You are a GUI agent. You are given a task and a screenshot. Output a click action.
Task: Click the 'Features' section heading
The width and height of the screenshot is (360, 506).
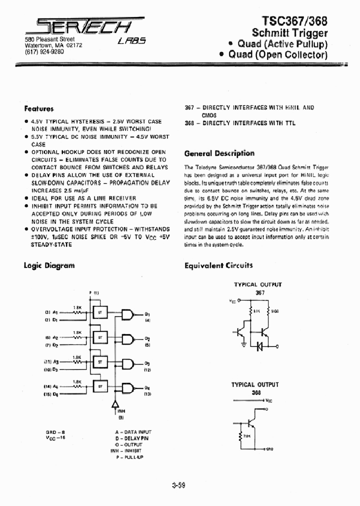[39, 108]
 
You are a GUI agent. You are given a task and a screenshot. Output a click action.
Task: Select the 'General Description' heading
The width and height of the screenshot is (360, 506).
[219, 153]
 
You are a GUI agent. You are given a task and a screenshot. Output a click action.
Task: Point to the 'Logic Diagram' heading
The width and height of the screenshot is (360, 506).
[49, 265]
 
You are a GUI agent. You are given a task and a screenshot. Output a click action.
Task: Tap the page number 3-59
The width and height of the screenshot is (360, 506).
[178, 485]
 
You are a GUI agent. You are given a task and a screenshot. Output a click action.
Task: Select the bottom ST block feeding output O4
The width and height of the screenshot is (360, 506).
[100, 386]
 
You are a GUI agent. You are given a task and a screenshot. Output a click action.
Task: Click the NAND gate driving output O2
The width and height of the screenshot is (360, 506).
[128, 339]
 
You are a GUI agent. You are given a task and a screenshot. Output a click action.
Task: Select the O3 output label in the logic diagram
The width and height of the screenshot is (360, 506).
[147, 363]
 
